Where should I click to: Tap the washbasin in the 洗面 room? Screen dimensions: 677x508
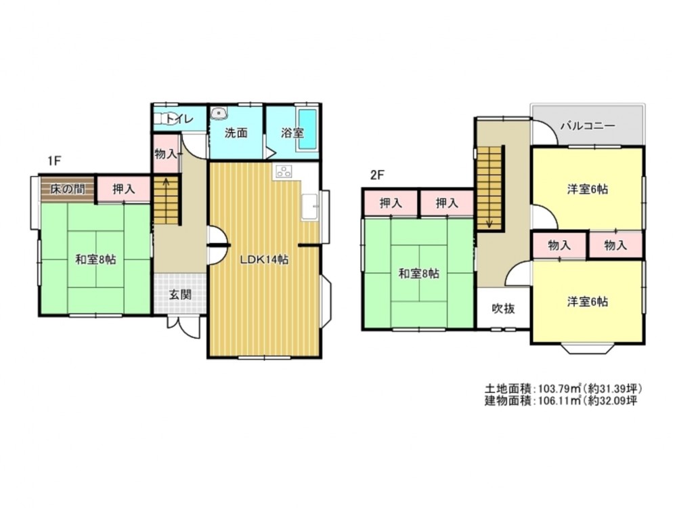coord(219,113)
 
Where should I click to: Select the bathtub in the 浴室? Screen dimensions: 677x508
coord(307,129)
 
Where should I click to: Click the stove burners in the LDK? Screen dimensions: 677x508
coord(283,171)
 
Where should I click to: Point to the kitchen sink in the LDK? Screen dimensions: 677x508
coord(309,207)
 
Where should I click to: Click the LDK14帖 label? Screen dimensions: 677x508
coord(264,259)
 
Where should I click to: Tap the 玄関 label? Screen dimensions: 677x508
coord(180,295)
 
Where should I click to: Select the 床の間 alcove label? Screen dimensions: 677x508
coord(67,189)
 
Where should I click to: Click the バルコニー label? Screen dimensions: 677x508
coord(588,126)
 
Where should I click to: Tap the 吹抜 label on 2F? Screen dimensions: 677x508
coord(504,308)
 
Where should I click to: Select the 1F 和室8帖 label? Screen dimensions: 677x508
coord(95,259)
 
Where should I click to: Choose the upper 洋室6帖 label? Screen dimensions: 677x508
coord(588,189)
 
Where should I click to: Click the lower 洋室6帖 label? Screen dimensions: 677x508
coord(588,301)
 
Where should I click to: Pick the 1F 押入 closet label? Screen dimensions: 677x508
coord(124,189)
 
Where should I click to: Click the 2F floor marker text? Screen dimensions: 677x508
coord(377,175)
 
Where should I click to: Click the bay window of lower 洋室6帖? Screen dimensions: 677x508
coord(588,349)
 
